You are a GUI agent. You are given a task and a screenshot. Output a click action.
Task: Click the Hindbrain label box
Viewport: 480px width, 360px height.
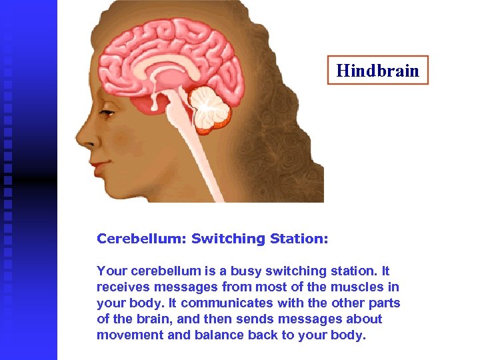(377, 70)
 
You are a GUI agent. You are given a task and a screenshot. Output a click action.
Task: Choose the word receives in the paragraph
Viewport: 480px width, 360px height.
(122, 287)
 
